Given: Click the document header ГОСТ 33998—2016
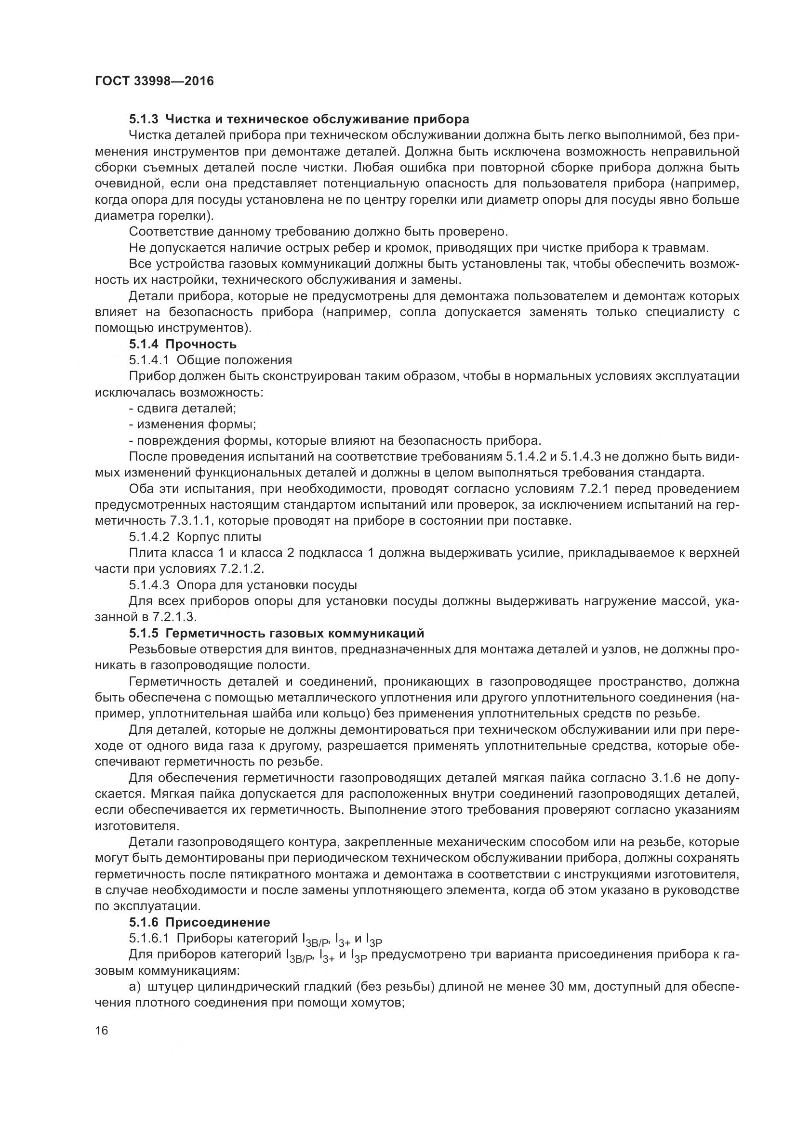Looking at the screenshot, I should (x=154, y=81).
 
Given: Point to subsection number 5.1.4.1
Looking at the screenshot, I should (x=149, y=360).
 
